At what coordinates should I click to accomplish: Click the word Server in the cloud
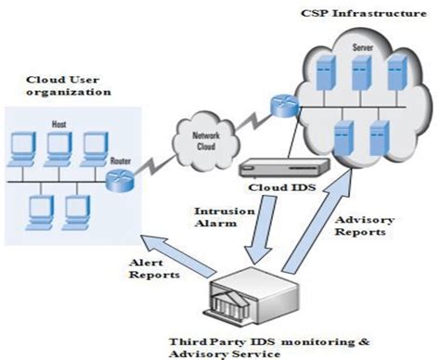pyautogui.click(x=356, y=45)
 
